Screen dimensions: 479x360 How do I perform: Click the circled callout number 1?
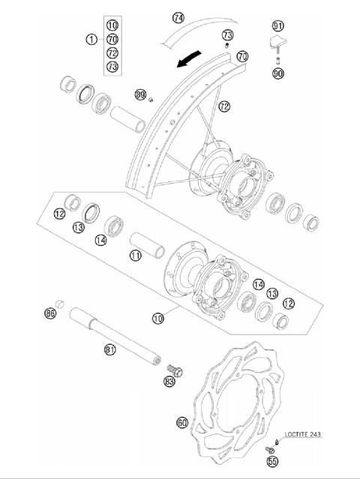pyautogui.click(x=91, y=39)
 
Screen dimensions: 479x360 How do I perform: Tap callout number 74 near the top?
pyautogui.click(x=178, y=17)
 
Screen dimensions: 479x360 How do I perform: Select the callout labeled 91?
pyautogui.click(x=278, y=25)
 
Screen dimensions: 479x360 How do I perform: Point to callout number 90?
pyautogui.click(x=278, y=73)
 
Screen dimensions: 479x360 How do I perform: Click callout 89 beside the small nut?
pyautogui.click(x=140, y=94)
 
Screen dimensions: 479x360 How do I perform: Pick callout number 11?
pyautogui.click(x=135, y=256)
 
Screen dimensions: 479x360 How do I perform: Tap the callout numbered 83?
pyautogui.click(x=169, y=382)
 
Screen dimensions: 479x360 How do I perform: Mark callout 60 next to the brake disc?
pyautogui.click(x=181, y=423)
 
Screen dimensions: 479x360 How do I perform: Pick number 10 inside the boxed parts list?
pyautogui.click(x=112, y=25)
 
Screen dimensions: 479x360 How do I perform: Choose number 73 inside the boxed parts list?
pyautogui.click(x=112, y=67)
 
